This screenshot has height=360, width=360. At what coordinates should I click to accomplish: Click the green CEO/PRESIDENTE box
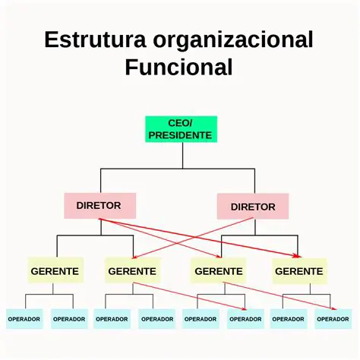click(181, 129)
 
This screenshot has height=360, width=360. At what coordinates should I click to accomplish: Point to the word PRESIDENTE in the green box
click(181, 135)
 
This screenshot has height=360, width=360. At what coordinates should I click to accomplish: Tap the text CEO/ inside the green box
click(181, 122)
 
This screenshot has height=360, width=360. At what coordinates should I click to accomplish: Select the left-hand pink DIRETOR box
click(99, 205)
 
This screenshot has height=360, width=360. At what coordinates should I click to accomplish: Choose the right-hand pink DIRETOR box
click(253, 207)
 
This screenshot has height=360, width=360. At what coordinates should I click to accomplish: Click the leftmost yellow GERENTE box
click(55, 270)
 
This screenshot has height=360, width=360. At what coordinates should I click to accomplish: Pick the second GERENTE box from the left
click(132, 270)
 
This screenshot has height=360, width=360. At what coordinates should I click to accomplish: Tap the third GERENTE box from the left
click(219, 270)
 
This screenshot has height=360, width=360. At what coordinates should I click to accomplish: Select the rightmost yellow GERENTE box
click(299, 270)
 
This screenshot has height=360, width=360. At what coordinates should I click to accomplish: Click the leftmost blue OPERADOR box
click(24, 319)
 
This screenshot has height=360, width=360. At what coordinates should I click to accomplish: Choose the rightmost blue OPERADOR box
click(333, 319)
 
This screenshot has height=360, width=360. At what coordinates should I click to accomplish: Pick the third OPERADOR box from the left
click(112, 319)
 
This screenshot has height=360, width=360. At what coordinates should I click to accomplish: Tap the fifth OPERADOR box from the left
click(201, 319)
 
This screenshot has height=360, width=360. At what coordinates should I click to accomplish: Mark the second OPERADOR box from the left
click(69, 319)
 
